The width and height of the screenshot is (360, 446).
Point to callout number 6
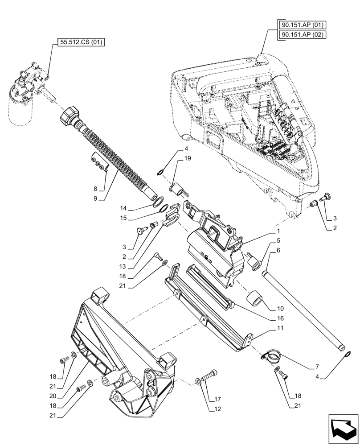pos(278,250)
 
